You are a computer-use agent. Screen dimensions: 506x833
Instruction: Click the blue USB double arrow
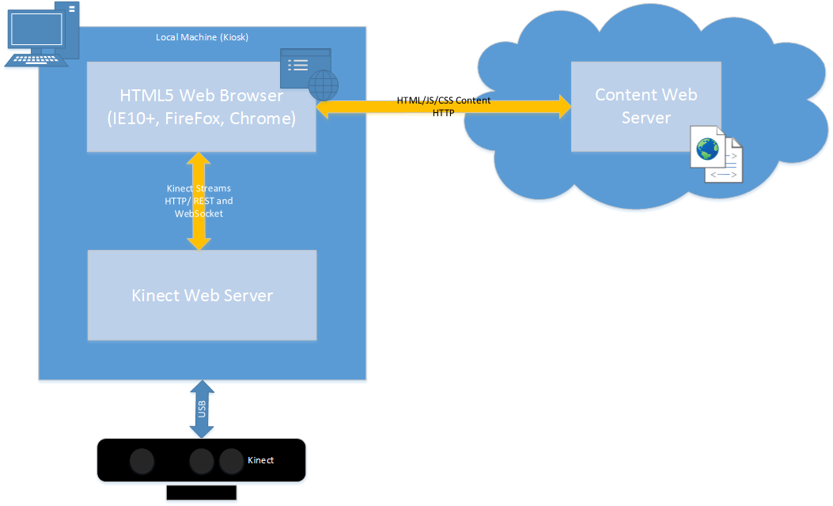[202, 410]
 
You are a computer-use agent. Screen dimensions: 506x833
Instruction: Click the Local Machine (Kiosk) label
[202, 37]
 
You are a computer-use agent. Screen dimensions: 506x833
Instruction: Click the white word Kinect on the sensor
[260, 460]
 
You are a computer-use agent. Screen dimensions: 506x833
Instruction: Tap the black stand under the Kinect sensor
[201, 493]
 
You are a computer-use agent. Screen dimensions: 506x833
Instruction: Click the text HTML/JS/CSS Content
[443, 101]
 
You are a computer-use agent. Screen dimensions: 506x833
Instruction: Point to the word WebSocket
[199, 213]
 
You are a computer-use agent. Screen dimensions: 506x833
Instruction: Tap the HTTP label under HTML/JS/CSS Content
[443, 113]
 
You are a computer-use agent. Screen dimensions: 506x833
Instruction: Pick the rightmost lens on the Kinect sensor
[231, 460]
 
